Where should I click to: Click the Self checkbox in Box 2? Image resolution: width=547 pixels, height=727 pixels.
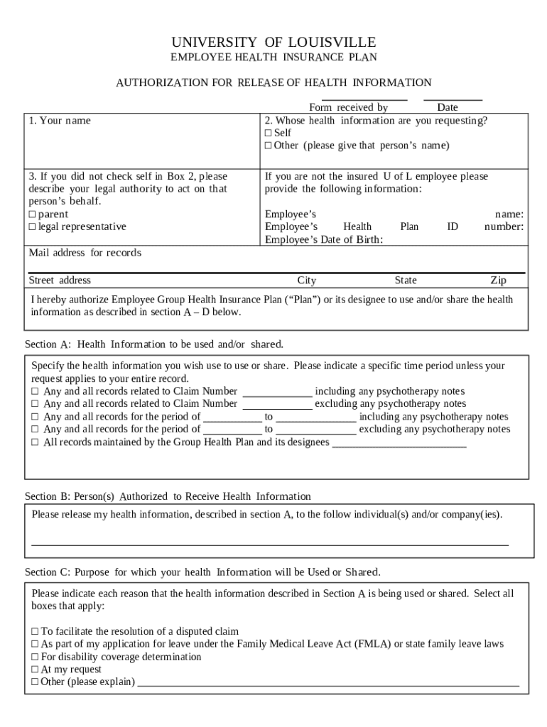[269, 133]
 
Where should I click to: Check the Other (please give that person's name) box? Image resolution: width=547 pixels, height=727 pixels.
[269, 146]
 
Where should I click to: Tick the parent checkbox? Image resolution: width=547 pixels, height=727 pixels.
[32, 214]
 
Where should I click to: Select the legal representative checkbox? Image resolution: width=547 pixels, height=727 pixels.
[32, 226]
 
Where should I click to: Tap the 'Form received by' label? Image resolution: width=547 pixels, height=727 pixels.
[348, 108]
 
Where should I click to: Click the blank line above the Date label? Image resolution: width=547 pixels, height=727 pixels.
[453, 100]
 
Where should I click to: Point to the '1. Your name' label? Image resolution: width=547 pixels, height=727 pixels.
[60, 121]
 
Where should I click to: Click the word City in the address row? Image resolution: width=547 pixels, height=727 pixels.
[306, 280]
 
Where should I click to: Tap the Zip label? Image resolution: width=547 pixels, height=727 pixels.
[498, 280]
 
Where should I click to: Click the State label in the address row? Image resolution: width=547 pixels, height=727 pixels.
[406, 280]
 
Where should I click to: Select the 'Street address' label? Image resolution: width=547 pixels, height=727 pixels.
[60, 280]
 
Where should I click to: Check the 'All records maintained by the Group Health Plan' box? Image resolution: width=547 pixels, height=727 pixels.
[35, 442]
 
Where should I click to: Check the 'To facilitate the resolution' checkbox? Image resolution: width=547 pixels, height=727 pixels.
[35, 631]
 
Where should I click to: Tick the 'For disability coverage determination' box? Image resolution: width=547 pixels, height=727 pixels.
[35, 657]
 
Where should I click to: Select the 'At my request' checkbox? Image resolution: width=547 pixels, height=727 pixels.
[35, 669]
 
